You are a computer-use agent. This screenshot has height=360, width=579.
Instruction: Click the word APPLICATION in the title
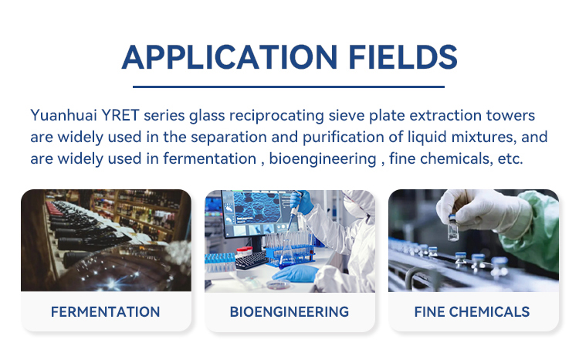click(229, 57)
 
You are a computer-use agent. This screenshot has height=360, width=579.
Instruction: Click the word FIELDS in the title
click(403, 57)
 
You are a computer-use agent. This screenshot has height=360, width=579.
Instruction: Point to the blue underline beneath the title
click(289, 87)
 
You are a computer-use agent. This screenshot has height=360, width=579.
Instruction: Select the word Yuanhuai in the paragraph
click(63, 115)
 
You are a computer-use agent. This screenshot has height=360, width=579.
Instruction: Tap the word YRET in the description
click(120, 115)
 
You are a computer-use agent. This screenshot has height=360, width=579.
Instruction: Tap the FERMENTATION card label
click(105, 312)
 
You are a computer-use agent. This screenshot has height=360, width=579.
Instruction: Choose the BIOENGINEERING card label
click(289, 312)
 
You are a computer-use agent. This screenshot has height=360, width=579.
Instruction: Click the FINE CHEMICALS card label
click(472, 312)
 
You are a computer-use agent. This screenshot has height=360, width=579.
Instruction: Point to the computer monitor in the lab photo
click(255, 213)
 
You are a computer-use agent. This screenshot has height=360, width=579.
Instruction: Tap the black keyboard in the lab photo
click(252, 260)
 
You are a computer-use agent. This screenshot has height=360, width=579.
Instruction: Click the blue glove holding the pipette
click(302, 202)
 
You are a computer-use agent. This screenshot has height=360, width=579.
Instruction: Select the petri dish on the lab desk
click(278, 284)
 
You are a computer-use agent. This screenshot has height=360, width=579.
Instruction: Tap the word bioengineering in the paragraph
click(323, 159)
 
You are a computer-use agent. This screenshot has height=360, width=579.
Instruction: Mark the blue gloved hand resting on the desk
click(296, 274)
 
